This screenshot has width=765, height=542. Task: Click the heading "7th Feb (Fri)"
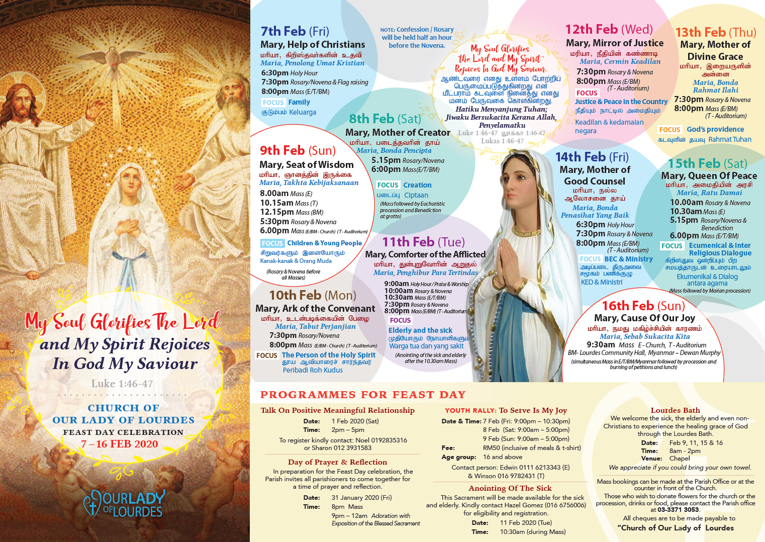click(295, 31)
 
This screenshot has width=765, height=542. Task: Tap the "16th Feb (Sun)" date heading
click(643, 306)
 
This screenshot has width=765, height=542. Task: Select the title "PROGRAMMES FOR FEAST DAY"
click(363, 395)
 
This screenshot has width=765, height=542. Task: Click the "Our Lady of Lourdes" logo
click(124, 504)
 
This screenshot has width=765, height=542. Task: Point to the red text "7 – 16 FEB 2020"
click(120, 444)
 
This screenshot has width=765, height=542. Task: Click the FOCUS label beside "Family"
click(273, 103)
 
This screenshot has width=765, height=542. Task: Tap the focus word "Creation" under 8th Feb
click(417, 185)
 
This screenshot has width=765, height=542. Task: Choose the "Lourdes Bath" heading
click(675, 410)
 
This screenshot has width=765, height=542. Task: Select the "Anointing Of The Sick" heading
click(510, 488)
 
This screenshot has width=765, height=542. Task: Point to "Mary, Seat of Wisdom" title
click(306, 164)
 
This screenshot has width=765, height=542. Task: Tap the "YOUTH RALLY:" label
click(470, 411)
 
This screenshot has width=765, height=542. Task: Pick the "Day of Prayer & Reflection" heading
click(337, 462)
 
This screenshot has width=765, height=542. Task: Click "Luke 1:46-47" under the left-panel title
click(122, 384)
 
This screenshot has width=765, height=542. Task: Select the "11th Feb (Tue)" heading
click(423, 242)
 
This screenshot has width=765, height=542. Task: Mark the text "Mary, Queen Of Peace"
click(709, 175)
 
